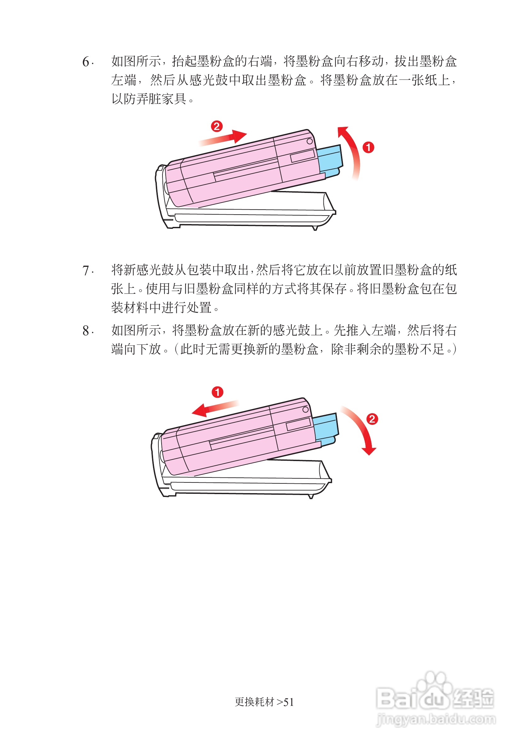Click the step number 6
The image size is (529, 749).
pyautogui.click(x=86, y=61)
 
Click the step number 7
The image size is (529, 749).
pyautogui.click(x=86, y=270)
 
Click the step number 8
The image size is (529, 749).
pyautogui.click(x=86, y=331)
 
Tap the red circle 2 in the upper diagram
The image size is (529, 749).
pyautogui.click(x=217, y=126)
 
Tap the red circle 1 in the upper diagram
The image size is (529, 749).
pyautogui.click(x=368, y=147)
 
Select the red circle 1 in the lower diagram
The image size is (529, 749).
pyautogui.click(x=217, y=392)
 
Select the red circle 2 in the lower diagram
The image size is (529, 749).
pyautogui.click(x=372, y=419)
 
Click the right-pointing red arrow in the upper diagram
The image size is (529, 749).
pyautogui.click(x=225, y=138)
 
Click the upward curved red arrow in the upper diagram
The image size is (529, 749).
pyautogui.click(x=351, y=150)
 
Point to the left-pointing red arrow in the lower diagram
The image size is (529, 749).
pyautogui.click(x=214, y=408)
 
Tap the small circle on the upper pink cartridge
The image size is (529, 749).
pyautogui.click(x=310, y=141)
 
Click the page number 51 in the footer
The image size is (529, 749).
pyautogui.click(x=289, y=702)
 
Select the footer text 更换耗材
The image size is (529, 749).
pyautogui.click(x=254, y=702)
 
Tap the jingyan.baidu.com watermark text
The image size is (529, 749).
pyautogui.click(x=436, y=719)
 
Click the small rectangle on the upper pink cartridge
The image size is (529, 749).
pyautogui.click(x=303, y=156)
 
